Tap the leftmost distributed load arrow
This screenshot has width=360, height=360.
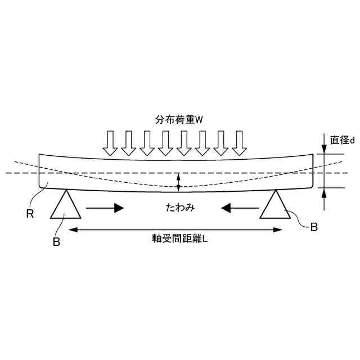click(x=110, y=143)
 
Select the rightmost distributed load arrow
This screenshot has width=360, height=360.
click(x=240, y=143)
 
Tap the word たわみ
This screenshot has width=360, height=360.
click(x=180, y=208)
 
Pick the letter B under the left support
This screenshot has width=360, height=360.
click(x=56, y=242)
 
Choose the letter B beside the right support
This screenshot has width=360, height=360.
click(x=314, y=227)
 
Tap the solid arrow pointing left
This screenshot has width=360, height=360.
click(x=240, y=208)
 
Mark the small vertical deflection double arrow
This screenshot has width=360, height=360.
click(x=178, y=181)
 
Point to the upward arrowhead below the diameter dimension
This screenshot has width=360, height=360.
click(x=325, y=192)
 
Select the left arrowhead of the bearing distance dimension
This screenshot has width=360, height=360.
click(x=71, y=229)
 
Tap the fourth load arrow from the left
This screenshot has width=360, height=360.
click(x=166, y=143)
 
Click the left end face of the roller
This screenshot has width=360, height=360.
click(x=39, y=171)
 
